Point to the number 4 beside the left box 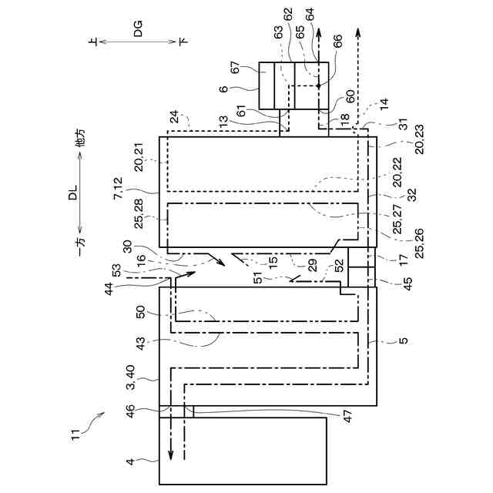pyautogui.click(x=131, y=461)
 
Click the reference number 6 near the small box pyautogui.click(x=224, y=89)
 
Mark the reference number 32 pyautogui.click(x=404, y=195)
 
